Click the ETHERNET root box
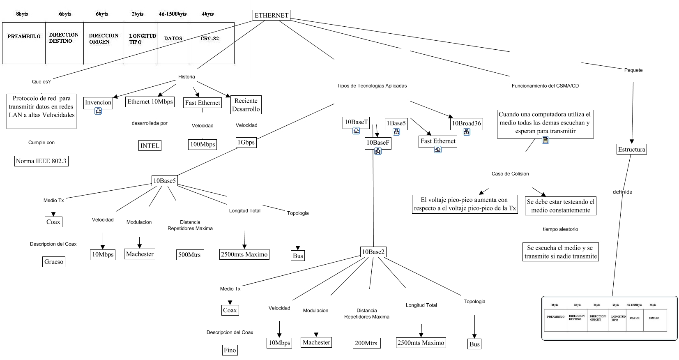[x=272, y=16]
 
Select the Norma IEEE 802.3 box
[x=41, y=161]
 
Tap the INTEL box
[x=150, y=145]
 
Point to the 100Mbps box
[x=203, y=144]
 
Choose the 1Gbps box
[x=246, y=142]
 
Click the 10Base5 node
[x=165, y=180]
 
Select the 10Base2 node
[x=373, y=252]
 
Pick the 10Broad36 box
[x=466, y=123]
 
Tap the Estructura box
[x=632, y=149]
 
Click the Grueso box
[x=54, y=262]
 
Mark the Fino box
[x=230, y=350]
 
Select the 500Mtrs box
[x=189, y=255]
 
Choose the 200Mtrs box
[x=366, y=343]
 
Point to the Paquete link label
[x=633, y=70]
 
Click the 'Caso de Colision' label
[x=510, y=174]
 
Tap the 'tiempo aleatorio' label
[x=560, y=229]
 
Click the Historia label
[x=186, y=77]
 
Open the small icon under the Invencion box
[x=98, y=111]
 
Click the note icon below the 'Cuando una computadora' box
[x=546, y=141]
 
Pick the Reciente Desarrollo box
[x=246, y=105]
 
